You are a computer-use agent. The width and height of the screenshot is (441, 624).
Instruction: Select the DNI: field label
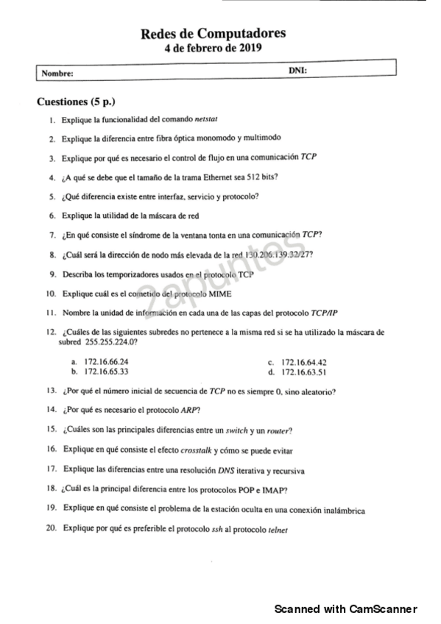click(298, 70)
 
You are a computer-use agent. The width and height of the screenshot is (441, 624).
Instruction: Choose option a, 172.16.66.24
click(107, 362)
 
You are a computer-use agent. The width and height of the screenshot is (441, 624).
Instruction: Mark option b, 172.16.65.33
click(107, 372)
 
